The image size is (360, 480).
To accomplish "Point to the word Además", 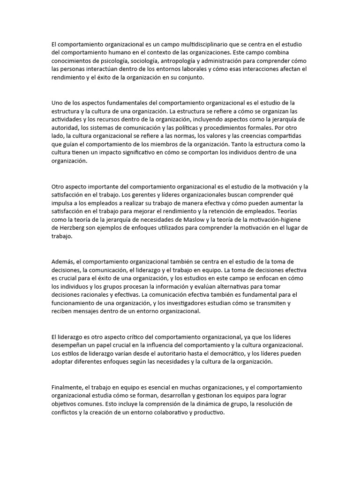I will pyautogui.click(x=62, y=261).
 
